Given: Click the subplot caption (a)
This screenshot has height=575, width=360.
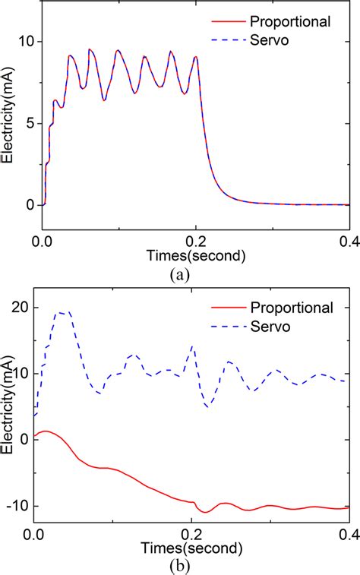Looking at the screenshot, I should [x=179, y=275].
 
